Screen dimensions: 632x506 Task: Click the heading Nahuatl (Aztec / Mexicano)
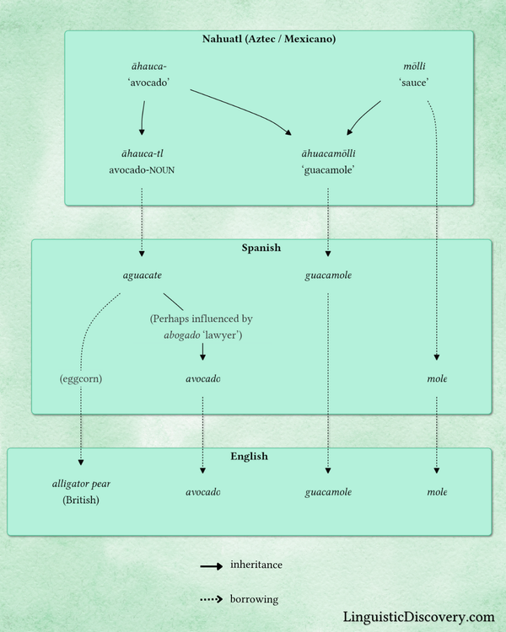pos(269,39)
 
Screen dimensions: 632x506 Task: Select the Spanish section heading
pos(261,249)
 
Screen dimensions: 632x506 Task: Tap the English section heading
pos(249,456)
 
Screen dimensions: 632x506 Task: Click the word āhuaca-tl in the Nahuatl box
pos(142,153)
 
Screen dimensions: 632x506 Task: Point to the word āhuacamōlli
pos(328,153)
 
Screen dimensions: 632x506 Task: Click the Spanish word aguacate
pos(142,276)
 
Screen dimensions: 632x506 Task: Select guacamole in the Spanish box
pos(328,276)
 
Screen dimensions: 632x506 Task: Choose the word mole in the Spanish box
pos(437,378)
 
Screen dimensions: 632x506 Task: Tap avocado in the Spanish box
pos(202,378)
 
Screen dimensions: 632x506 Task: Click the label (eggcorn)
pos(81,378)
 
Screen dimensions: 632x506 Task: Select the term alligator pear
pos(81,484)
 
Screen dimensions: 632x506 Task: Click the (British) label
pos(81,500)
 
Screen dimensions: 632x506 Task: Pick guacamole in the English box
pos(328,491)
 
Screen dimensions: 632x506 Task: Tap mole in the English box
pos(437,491)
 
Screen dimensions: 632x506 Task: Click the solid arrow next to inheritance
pos(211,565)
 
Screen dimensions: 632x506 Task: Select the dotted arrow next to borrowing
pos(211,600)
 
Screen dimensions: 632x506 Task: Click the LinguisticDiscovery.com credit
pos(419,617)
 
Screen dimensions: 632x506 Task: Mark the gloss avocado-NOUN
pos(142,169)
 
